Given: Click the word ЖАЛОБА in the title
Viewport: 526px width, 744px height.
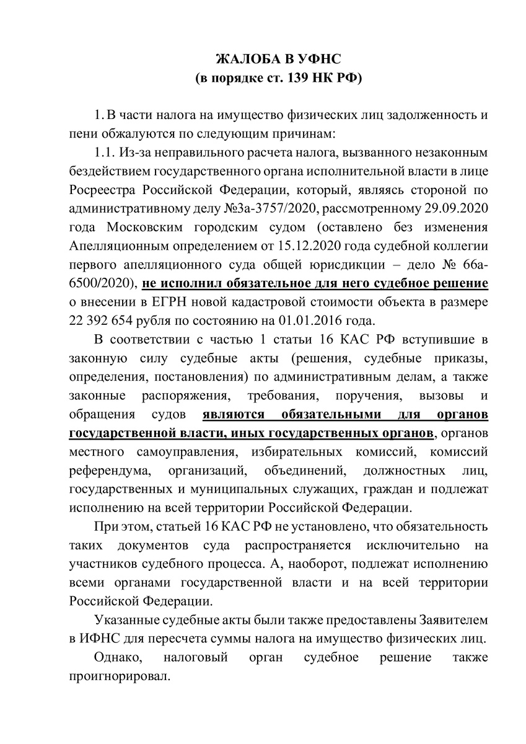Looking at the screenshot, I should tap(245, 60).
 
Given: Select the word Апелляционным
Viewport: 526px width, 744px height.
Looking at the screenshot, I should tap(116, 246).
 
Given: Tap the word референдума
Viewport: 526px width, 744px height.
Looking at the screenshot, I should tap(104, 469).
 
